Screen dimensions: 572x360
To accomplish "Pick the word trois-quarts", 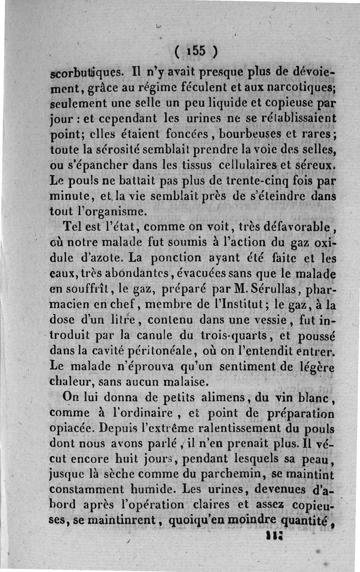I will point(243,335).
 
